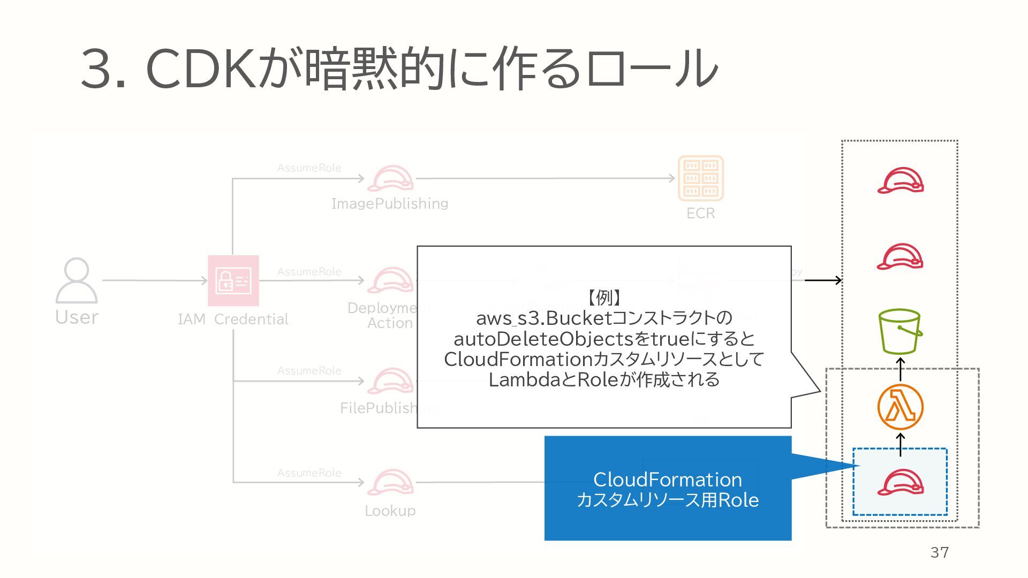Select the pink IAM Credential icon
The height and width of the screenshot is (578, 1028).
(233, 280)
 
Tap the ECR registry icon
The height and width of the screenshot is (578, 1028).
(701, 178)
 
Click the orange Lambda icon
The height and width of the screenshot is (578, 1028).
(900, 407)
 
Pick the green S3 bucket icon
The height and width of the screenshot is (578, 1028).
(900, 331)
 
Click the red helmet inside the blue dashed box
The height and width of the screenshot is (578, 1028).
(901, 482)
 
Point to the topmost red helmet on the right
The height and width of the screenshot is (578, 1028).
(901, 181)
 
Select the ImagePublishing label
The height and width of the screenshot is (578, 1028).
(390, 203)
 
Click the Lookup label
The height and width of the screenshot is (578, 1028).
(390, 511)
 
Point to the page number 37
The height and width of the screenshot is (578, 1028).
(940, 552)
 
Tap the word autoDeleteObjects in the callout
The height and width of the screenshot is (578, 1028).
(543, 339)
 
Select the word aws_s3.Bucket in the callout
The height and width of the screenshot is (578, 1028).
(543, 318)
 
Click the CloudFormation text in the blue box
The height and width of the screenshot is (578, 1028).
(667, 480)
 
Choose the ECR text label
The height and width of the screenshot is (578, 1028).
(700, 213)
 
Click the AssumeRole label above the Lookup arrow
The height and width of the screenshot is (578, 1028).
(309, 473)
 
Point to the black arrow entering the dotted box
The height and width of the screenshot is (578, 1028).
(823, 280)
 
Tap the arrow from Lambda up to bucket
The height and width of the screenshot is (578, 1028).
(901, 369)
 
